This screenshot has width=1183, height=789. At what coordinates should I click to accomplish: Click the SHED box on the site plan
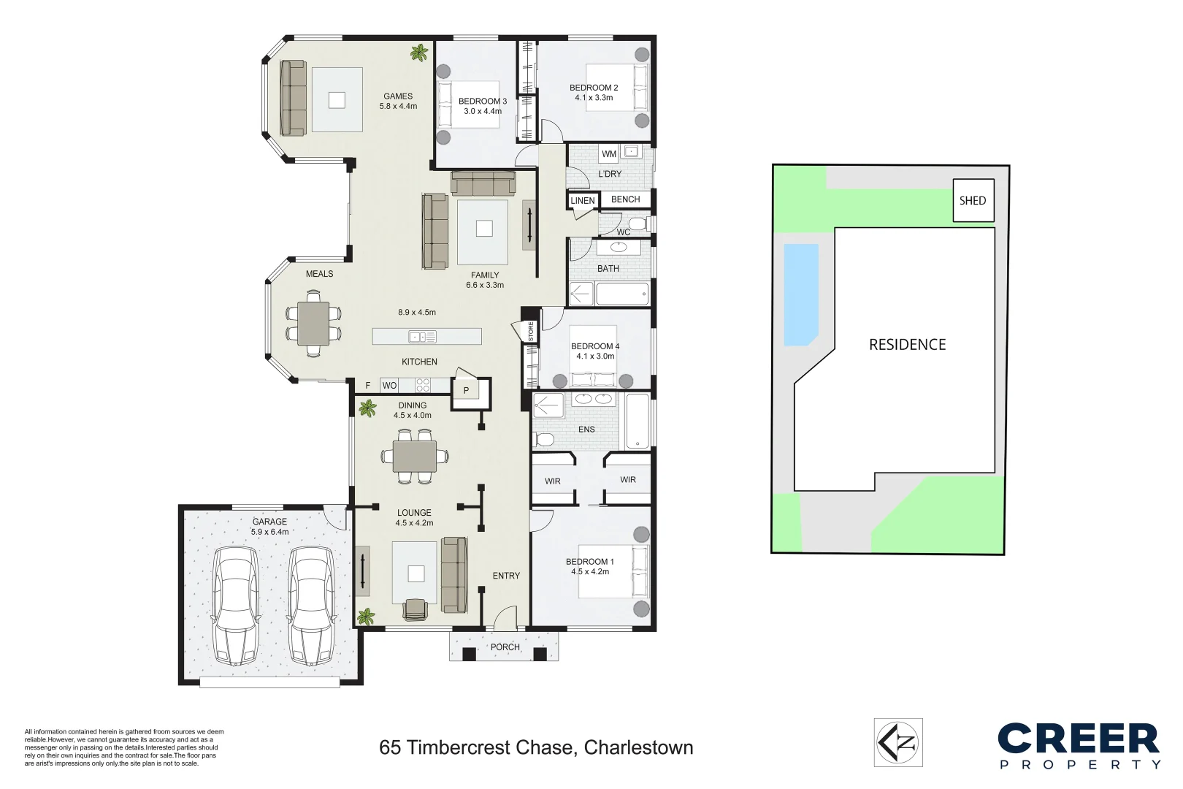pos(973,200)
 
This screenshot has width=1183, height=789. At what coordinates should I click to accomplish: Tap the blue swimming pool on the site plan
pos(800,294)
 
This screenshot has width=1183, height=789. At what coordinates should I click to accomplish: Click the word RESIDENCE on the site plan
pos(907,345)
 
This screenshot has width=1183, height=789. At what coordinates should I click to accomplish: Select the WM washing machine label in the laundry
pos(609,154)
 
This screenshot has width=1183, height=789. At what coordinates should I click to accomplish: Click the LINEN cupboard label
pos(583,201)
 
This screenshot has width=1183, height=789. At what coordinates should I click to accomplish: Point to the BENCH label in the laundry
pos(625,199)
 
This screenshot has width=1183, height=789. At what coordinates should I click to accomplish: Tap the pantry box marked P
pos(467,391)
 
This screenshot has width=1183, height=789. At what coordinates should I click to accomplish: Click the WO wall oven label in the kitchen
pos(389,386)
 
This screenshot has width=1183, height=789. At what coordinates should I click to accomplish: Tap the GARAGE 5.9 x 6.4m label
pos(269,527)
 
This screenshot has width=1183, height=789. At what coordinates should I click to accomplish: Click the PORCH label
pos(505,647)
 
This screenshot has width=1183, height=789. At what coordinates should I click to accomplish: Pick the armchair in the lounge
pos(416,609)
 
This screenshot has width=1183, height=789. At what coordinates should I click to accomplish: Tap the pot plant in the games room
pos(419,53)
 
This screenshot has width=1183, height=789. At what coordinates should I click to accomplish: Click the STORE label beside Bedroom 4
pos(531,331)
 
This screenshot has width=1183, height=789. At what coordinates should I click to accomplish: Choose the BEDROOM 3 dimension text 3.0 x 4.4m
pos(483,112)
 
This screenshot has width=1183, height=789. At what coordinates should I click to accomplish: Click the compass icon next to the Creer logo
pos(898,743)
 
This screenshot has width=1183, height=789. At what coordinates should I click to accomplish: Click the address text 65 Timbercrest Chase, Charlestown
pos(536,747)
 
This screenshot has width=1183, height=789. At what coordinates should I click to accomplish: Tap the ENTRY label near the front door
pos(506,576)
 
